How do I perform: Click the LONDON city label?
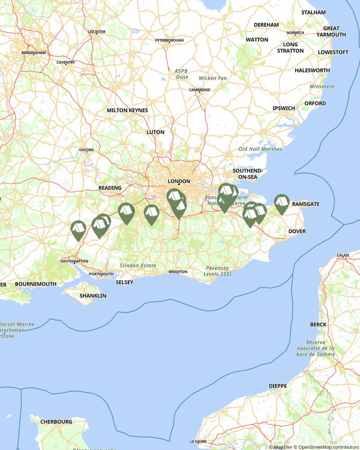click(179, 181)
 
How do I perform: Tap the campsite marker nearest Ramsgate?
click(281, 203)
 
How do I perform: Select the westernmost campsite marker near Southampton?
click(78, 229)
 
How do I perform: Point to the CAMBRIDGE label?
click(199, 90)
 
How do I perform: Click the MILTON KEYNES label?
click(127, 110)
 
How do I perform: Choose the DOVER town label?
click(297, 231)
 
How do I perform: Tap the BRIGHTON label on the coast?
click(178, 272)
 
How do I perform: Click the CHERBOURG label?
click(56, 422)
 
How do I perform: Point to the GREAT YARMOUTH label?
click(331, 31)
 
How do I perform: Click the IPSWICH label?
click(283, 108)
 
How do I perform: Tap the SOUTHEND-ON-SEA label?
click(247, 174)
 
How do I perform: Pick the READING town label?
click(110, 188)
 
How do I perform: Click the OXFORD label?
click(86, 150)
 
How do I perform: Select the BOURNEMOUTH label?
click(36, 284)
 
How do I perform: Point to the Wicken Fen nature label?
click(213, 78)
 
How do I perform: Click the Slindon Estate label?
click(138, 265)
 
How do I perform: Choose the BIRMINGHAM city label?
click(33, 53)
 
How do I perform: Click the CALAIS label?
click(343, 255)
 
